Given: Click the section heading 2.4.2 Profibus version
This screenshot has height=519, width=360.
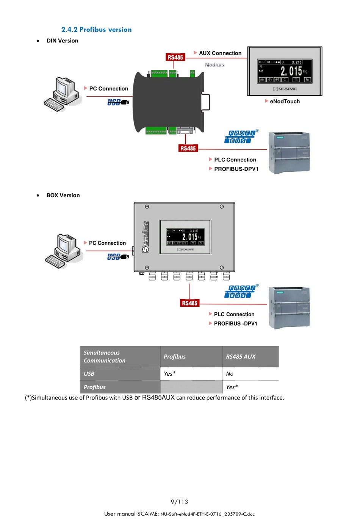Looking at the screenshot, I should pos(97,30).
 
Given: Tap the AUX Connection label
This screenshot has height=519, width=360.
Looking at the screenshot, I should pos(220,53).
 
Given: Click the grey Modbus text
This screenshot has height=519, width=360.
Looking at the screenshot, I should pos(214,65).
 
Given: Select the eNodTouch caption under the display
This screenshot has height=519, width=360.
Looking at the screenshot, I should pos(285,101).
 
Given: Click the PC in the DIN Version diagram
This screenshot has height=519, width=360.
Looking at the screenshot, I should pos(63,94).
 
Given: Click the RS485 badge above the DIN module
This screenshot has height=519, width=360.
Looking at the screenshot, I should pos(175,57).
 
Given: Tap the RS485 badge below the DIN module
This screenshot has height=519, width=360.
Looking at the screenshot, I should pos(188,148).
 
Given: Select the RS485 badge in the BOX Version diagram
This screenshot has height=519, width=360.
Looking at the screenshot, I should pos(189,303).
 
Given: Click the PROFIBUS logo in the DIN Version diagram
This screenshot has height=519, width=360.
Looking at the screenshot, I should pos(241,137).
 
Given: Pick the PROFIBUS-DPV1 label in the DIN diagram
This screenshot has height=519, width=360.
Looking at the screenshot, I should pos(236,169).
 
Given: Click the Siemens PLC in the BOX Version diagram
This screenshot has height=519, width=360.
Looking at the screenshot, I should pos(289,307).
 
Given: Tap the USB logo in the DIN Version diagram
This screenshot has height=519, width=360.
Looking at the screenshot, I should pos(118,102).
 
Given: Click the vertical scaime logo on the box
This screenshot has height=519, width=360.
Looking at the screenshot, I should pos(146,237).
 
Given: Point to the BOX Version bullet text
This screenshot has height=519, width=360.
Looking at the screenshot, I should pos(63,195).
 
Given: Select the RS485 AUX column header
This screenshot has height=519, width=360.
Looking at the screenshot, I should pos(241,356).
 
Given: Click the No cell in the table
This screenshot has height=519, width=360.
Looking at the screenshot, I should pos(230,373).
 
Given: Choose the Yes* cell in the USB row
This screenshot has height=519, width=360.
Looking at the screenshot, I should pos(169,373).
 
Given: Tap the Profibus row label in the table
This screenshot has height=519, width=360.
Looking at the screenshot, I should pos(95,387).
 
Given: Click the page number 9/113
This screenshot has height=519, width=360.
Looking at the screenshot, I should pos(179,502).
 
